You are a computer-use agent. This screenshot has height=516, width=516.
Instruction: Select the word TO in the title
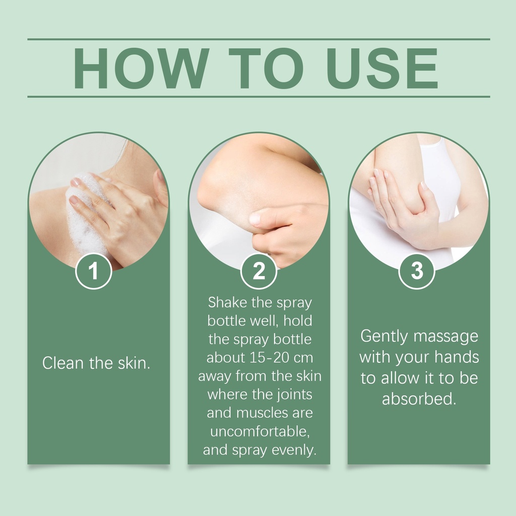[x=266, y=69]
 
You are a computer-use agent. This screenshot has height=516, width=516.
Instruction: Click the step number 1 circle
[x=94, y=271]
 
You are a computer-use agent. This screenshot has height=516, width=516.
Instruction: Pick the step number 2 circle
[x=259, y=271]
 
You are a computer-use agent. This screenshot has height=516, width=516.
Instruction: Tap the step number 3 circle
[x=417, y=271]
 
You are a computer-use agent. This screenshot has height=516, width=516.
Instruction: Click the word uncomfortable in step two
[x=260, y=431]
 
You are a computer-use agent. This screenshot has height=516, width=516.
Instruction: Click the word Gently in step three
[x=384, y=337]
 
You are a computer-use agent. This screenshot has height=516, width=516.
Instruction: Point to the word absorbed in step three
[x=419, y=399]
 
